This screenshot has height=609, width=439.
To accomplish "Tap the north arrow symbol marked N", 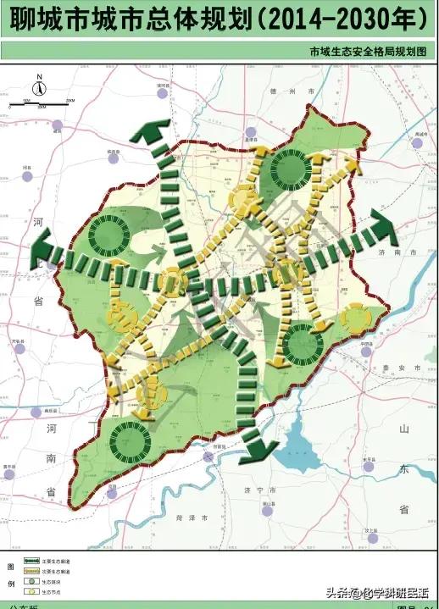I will tap(39, 86).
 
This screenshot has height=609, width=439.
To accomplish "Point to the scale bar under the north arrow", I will tap(41, 103).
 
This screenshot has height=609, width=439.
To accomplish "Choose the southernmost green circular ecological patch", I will tap(130, 440).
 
